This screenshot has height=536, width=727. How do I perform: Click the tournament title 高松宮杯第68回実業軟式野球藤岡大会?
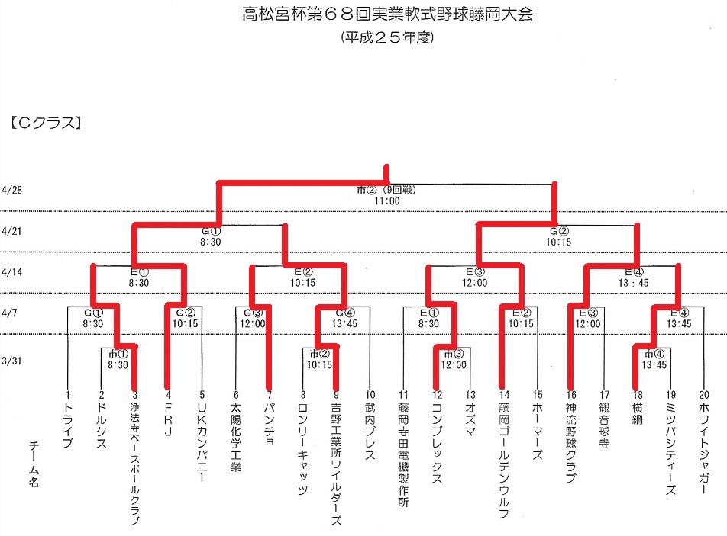coord(388,14)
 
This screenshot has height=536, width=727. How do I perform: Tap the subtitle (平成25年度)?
coord(387,37)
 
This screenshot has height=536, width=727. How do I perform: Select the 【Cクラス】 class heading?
coord(46,123)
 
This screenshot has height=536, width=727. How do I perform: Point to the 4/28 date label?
coord(12,190)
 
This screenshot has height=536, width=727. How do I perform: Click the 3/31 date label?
coord(12,361)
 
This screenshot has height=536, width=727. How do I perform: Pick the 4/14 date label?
coord(12,271)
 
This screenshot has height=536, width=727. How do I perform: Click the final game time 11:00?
coord(387,201)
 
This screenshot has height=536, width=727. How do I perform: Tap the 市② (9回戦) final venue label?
coord(386,190)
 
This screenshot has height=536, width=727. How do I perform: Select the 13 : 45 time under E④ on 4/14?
coord(633,283)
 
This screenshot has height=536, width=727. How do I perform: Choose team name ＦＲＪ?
coord(168,419)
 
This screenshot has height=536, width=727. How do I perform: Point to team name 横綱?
coord(638,414)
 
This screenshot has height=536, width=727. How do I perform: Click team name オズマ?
coord(470,419)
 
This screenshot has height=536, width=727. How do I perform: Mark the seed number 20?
coord(704,395)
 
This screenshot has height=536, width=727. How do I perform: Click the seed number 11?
coord(403,395)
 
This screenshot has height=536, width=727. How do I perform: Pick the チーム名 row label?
coord(34,464)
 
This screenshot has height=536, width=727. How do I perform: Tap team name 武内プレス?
coord(370,432)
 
